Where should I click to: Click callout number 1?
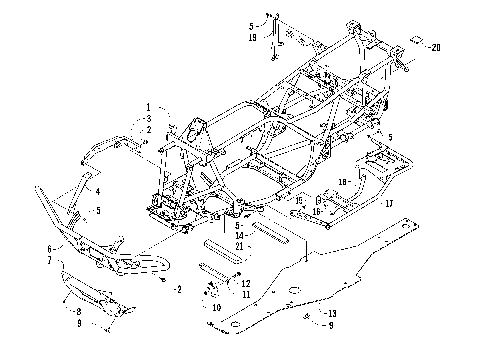(x=146, y=107)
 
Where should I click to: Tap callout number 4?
(x=98, y=189)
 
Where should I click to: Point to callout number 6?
(x=49, y=247)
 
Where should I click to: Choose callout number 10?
(x=214, y=308)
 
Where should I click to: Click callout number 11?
(x=246, y=294)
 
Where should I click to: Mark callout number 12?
(x=246, y=283)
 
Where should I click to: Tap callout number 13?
(x=333, y=314)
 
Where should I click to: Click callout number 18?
(x=343, y=182)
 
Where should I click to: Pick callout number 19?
(x=251, y=37)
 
